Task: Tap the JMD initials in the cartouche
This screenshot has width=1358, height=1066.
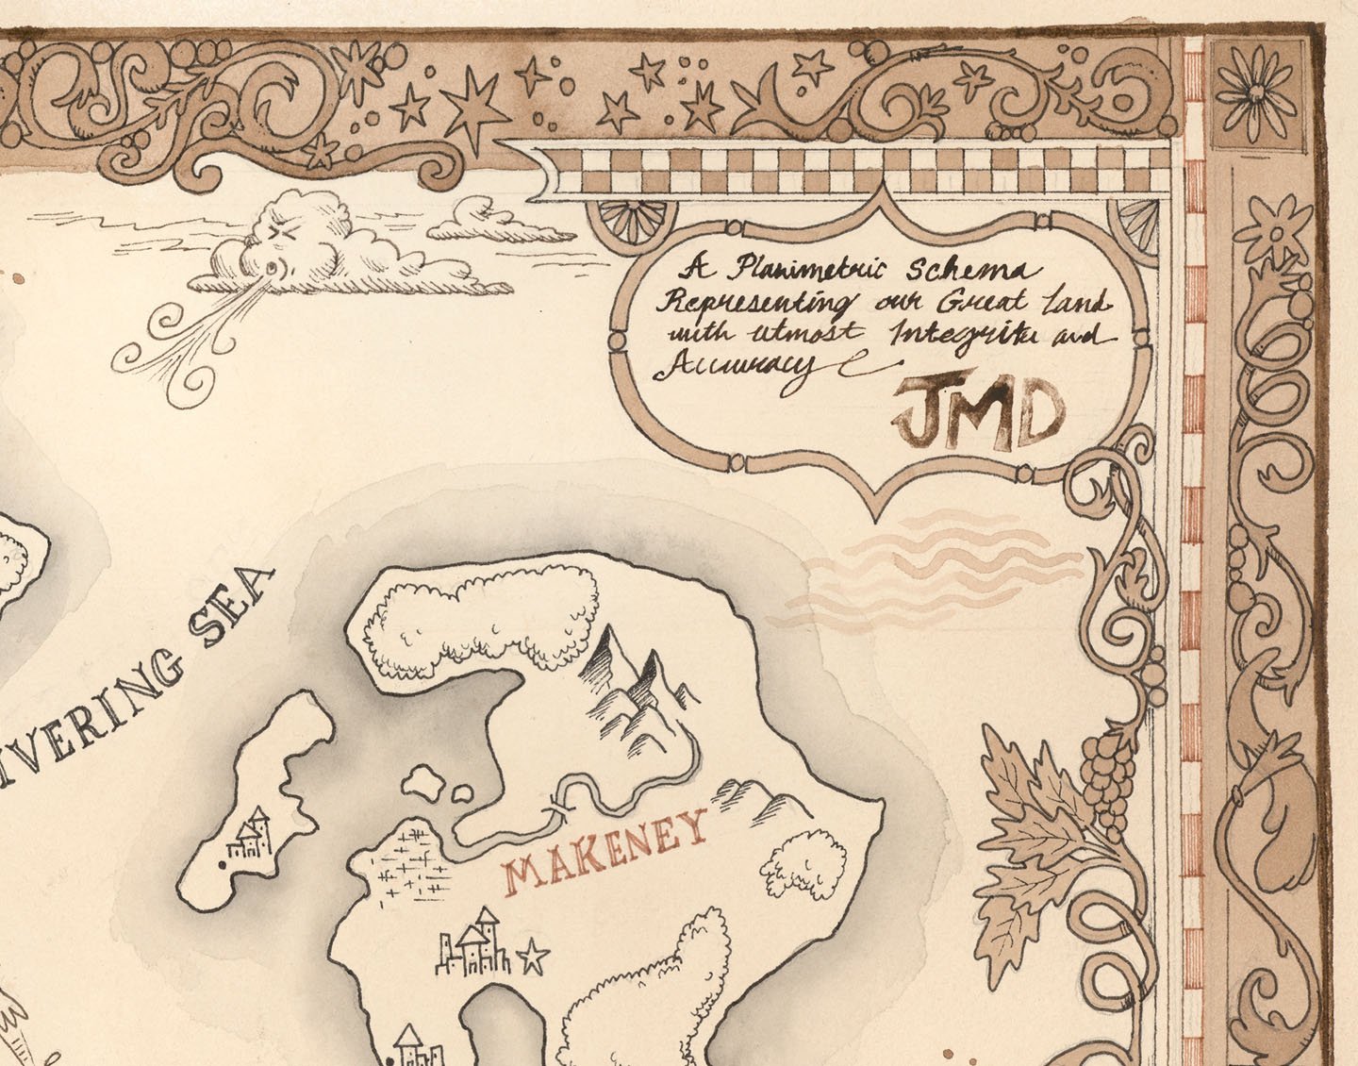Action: point(978,414)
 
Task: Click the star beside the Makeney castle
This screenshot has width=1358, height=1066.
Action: point(534,958)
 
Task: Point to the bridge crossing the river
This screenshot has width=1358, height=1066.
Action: point(556,808)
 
